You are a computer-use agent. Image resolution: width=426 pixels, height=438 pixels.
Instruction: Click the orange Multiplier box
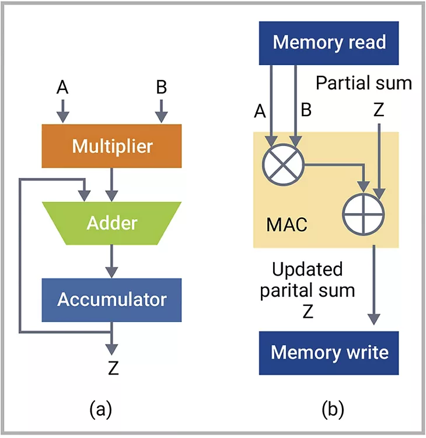pyautogui.click(x=111, y=145)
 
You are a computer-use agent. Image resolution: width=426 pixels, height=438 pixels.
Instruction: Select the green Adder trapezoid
pyautogui.click(x=111, y=223)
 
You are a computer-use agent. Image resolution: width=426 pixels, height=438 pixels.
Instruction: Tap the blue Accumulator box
pyautogui.click(x=111, y=299)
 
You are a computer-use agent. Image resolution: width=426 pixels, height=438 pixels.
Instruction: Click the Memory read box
pyautogui.click(x=329, y=43)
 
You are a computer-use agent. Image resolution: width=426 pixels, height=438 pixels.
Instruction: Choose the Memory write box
pyautogui.click(x=329, y=353)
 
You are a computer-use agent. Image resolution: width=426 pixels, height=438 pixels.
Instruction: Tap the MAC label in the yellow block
pyautogui.click(x=286, y=224)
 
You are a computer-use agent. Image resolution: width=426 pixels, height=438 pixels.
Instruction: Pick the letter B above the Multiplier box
pyautogui.click(x=162, y=88)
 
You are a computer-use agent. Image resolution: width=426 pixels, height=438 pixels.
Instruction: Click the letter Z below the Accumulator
pyautogui.click(x=113, y=369)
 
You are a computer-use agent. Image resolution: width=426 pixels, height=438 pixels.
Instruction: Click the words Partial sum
pyautogui.click(x=364, y=83)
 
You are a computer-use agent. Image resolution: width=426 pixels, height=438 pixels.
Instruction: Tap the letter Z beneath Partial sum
pyautogui.click(x=379, y=110)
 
